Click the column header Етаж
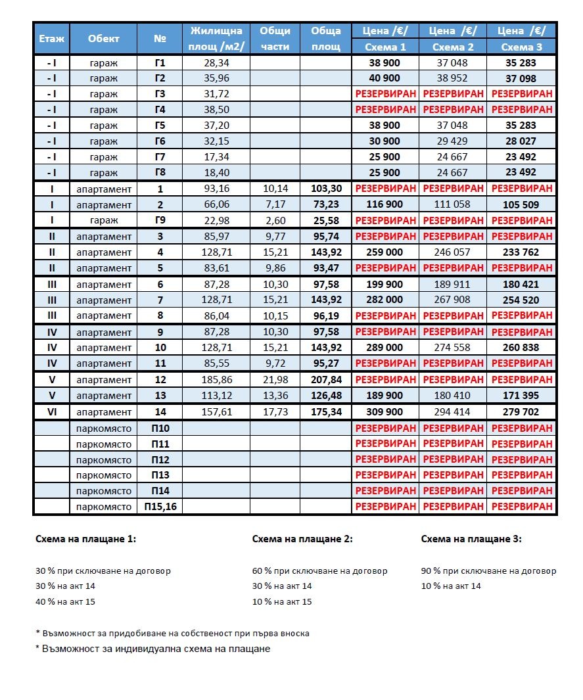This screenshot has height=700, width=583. click(x=51, y=39)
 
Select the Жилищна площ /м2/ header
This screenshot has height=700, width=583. click(x=216, y=39)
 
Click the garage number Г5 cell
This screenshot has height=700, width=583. click(x=160, y=125)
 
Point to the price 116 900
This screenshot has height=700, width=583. click(x=385, y=204)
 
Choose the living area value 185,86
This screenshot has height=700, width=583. click(x=216, y=380)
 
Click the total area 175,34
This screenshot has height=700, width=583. click(x=326, y=412)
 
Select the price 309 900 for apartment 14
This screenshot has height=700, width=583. click(x=385, y=412)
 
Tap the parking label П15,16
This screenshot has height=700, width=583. click(x=160, y=507)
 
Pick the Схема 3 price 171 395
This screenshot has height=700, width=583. click(x=520, y=396)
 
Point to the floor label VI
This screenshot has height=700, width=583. click(x=51, y=412)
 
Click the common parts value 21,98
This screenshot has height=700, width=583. click(x=275, y=380)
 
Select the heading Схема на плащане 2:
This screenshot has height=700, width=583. click(x=302, y=539)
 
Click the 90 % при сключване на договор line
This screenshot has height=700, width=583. click(x=488, y=571)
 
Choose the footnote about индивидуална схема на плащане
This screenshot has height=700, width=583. click(x=152, y=649)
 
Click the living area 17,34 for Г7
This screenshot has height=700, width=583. click(x=216, y=157)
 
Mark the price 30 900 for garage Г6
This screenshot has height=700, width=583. click(x=385, y=141)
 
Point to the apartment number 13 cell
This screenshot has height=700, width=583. click(x=160, y=396)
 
